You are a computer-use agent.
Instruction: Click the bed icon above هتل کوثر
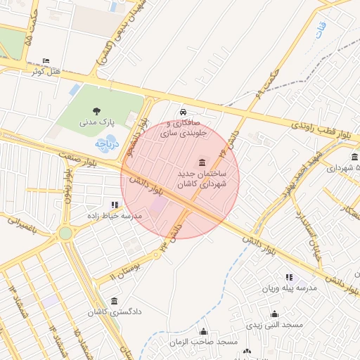(46, 60)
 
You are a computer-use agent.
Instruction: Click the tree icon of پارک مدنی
(96, 110)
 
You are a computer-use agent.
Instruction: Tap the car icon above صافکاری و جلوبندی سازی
(183, 112)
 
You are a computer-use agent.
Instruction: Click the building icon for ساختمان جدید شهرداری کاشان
(202, 163)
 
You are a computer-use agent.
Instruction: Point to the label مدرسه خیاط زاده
(115, 216)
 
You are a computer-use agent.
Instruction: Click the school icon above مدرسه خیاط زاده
(115, 205)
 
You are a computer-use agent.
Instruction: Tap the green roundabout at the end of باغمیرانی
(65, 233)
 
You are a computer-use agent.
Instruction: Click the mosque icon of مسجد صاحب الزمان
(204, 331)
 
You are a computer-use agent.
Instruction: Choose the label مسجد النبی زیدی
(274, 326)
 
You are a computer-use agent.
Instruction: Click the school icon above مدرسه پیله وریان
(288, 277)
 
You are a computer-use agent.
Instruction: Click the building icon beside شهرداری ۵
(354, 156)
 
